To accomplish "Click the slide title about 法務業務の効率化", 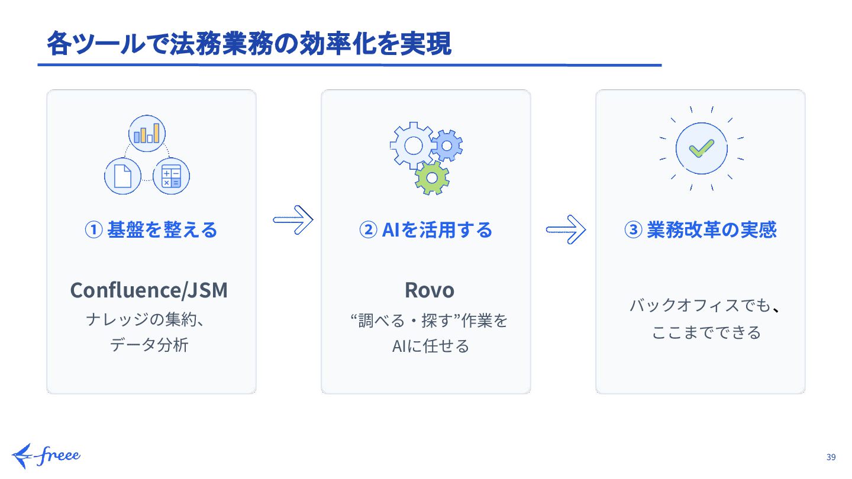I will [x=249, y=44].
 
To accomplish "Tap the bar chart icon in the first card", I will [x=147, y=133].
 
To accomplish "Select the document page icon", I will [x=122, y=176].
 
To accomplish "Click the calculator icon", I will [x=171, y=176].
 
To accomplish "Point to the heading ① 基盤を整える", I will [x=151, y=229].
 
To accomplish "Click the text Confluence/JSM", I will [x=149, y=290].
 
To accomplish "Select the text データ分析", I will [x=149, y=345].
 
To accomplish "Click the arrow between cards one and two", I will [x=292, y=221].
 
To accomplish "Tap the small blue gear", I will [x=447, y=145].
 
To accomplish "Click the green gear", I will [x=432, y=177].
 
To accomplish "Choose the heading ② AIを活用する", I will [x=425, y=229].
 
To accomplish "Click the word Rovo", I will [x=430, y=290].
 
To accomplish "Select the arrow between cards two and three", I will [x=566, y=228].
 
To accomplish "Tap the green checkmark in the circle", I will [x=701, y=148].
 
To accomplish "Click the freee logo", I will [x=46, y=455].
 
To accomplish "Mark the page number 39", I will [x=831, y=457].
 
